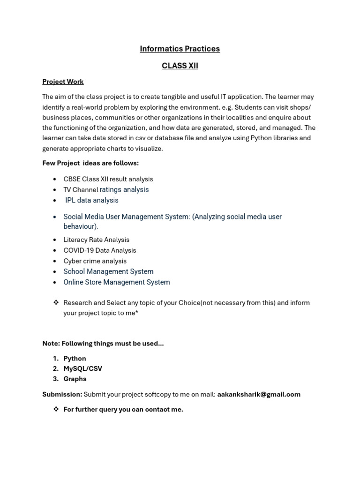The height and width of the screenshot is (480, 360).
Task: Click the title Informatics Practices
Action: [180, 49]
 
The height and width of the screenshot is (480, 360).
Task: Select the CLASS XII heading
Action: [180, 66]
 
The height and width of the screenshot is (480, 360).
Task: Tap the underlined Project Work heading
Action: [63, 82]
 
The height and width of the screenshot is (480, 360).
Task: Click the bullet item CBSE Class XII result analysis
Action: [108, 179]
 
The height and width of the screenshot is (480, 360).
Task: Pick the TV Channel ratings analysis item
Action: [106, 190]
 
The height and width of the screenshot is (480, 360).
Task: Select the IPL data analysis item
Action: [92, 200]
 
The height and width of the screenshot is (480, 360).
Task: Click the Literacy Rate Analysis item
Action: [96, 240]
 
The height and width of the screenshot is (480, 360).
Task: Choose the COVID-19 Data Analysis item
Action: [99, 250]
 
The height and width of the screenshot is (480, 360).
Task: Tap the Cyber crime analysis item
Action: [95, 261]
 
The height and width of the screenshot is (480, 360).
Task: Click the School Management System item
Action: [108, 271]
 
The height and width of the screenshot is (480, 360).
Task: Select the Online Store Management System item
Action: [117, 282]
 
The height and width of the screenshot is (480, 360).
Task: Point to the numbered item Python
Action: [75, 359]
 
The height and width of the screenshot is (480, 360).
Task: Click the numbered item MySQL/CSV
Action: [82, 369]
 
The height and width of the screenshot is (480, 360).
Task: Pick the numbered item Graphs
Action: [75, 379]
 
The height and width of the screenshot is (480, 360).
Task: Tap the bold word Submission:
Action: [62, 394]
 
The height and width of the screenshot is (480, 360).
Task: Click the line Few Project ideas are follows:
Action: [90, 163]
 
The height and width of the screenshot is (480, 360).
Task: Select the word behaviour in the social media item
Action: [80, 226]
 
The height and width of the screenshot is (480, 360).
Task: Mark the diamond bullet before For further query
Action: [56, 409]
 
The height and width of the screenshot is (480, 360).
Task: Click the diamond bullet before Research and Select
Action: [56, 303]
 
